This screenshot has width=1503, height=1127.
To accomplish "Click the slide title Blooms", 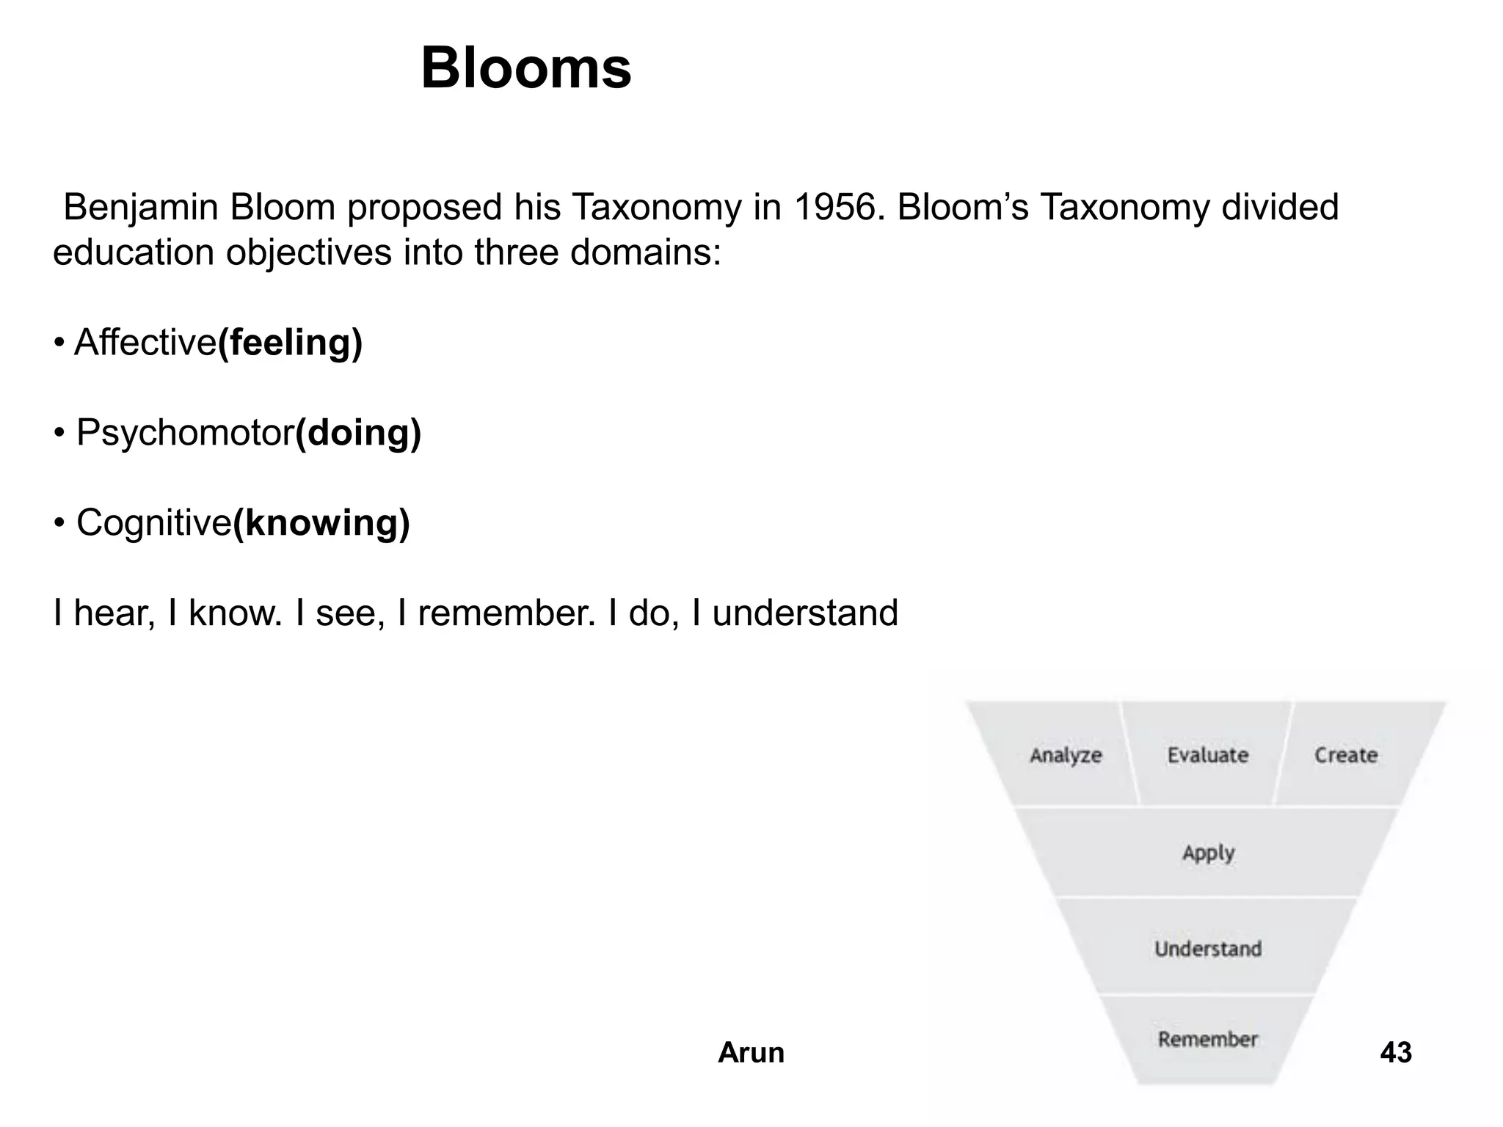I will pyautogui.click(x=525, y=68).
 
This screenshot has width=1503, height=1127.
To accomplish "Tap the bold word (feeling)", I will pyautogui.click(x=291, y=343).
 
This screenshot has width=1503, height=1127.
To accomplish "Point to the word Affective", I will pyautogui.click(x=145, y=343).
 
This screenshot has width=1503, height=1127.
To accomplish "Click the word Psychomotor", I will pyautogui.click(x=185, y=433).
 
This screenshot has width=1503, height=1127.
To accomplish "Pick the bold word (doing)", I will pyautogui.click(x=358, y=433).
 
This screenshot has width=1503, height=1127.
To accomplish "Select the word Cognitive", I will pyautogui.click(x=154, y=523).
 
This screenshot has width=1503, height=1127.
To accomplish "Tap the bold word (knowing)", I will pyautogui.click(x=321, y=523).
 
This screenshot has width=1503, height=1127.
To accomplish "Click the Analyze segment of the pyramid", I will pyautogui.click(x=1066, y=755).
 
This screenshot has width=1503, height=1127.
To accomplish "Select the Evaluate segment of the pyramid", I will pyautogui.click(x=1208, y=755).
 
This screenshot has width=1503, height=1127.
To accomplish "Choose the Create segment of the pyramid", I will pyautogui.click(x=1346, y=755).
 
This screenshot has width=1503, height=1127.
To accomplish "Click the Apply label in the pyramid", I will pyautogui.click(x=1208, y=853).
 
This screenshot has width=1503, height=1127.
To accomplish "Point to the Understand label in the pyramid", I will pyautogui.click(x=1208, y=949).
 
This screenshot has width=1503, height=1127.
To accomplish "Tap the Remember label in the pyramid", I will pyautogui.click(x=1208, y=1039).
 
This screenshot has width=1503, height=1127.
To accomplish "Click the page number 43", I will pyautogui.click(x=1396, y=1053).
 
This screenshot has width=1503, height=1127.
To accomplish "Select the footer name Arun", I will pyautogui.click(x=751, y=1053).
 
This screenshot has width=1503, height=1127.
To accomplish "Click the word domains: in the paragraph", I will pyautogui.click(x=646, y=253).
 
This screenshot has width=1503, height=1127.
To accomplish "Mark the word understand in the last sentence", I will pyautogui.click(x=805, y=613).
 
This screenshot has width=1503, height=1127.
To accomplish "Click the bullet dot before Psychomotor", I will pyautogui.click(x=59, y=433).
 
